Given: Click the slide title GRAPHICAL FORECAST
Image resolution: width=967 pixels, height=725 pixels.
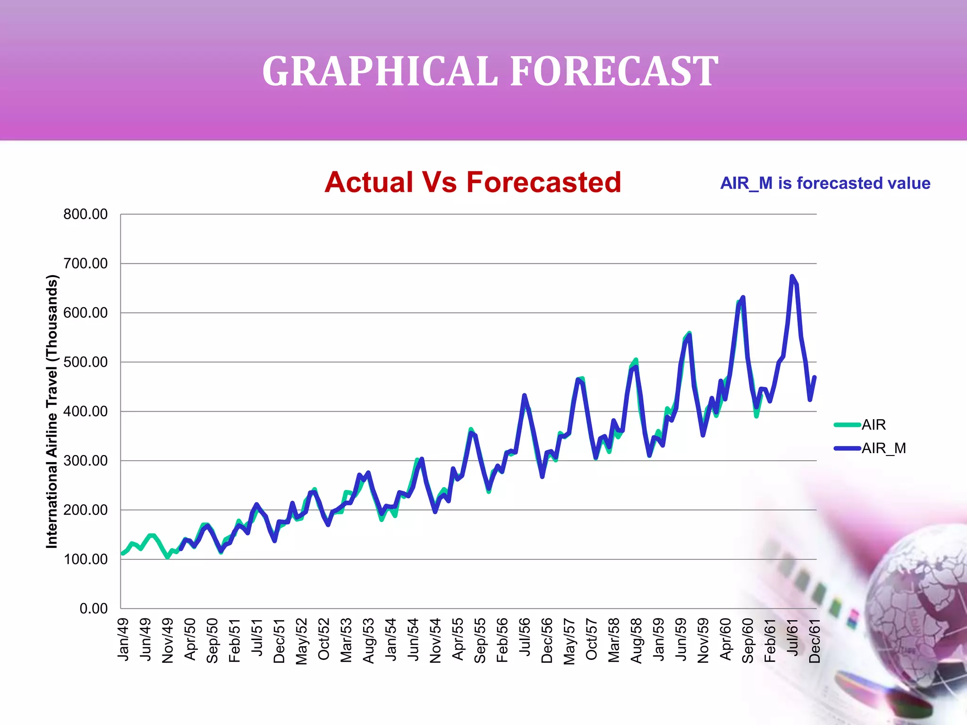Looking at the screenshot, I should point(490,71).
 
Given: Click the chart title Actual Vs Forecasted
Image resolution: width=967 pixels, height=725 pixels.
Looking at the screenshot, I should point(473,182).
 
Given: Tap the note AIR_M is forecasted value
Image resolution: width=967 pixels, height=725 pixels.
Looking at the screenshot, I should point(825,183).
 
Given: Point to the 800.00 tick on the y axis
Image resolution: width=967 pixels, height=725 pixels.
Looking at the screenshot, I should point(85,214).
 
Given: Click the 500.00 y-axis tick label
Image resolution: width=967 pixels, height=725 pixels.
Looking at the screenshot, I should point(85,362).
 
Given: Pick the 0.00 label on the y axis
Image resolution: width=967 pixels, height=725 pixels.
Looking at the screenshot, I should point(93,608).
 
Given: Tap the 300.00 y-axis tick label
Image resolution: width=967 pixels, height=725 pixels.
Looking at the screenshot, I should point(85,461).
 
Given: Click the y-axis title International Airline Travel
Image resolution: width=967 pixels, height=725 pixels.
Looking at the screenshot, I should point(52,411).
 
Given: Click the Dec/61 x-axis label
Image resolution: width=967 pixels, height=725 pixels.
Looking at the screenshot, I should point(814,641).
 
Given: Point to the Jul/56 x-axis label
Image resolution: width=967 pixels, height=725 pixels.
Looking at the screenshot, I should point(524,637).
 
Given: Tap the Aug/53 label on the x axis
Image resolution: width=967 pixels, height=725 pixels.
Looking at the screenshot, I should point(368,641).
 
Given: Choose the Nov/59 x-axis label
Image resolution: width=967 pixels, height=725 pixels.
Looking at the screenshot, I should point(703,641).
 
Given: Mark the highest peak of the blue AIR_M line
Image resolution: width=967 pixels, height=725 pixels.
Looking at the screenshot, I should point(792,276).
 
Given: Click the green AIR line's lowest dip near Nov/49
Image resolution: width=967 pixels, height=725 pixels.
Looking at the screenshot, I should point(167,557).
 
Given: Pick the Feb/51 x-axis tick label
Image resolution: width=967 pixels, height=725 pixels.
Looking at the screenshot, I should point(234,641).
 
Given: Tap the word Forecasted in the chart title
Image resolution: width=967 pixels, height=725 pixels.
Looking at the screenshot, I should point(543,182).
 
